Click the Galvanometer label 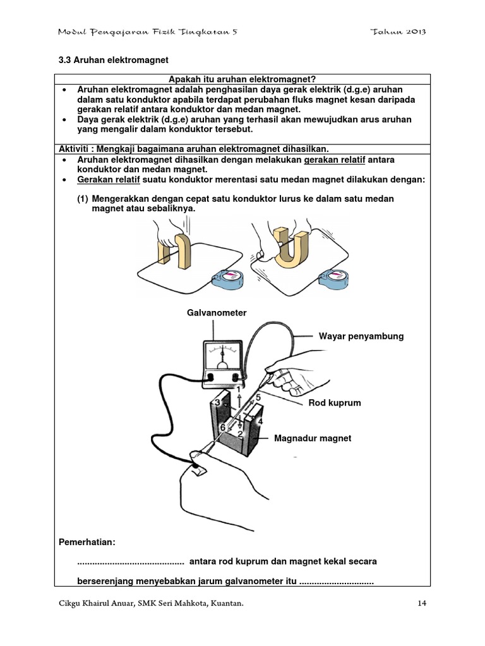pyautogui.click(x=216, y=312)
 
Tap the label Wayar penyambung pyautogui.click(x=361, y=336)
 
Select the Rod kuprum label pyautogui.click(x=334, y=402)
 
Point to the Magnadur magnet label pyautogui.click(x=313, y=438)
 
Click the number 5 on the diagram pyautogui.click(x=258, y=397)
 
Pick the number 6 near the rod pyautogui.click(x=222, y=427)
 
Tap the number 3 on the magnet pyautogui.click(x=217, y=402)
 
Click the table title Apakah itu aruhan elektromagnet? pyautogui.click(x=242, y=78)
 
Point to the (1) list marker pyautogui.click(x=83, y=199)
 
